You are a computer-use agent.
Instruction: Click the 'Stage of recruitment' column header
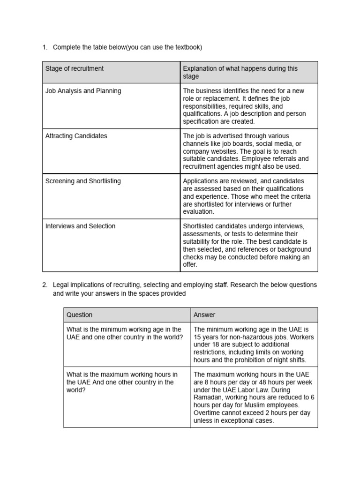coord(75,68)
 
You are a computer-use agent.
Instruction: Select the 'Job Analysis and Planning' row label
coord(83,91)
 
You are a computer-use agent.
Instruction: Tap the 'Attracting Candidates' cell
coord(76,136)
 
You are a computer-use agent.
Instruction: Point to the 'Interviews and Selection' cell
coord(80,226)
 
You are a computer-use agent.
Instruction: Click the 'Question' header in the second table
coord(79,315)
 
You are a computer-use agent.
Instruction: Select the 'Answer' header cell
coord(204,315)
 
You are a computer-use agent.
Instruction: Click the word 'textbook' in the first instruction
coord(187,47)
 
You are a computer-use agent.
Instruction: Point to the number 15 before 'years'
coord(197,337)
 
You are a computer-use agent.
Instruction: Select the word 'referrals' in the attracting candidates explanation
coord(285,159)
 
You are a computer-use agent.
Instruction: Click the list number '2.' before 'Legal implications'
coord(45,285)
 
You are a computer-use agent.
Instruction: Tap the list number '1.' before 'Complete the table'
coord(45,47)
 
